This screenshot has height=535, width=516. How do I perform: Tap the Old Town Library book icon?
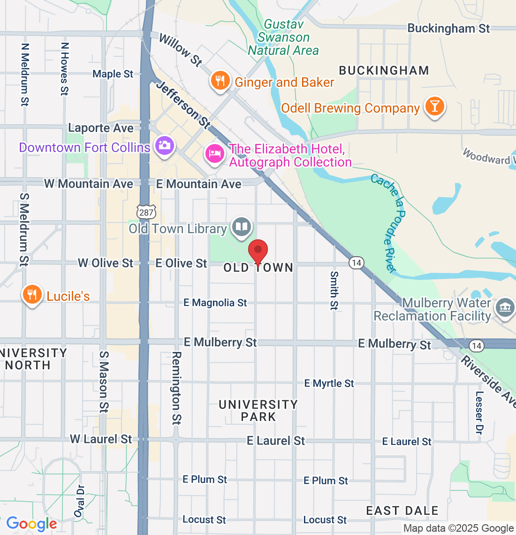(x=242, y=228)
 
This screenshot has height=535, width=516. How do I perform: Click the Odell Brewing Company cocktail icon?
(x=434, y=107)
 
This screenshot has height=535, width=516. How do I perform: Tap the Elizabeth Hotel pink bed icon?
(x=215, y=153)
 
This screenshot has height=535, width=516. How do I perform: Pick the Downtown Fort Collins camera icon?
(x=164, y=145)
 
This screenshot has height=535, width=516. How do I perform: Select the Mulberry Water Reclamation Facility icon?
(x=505, y=309)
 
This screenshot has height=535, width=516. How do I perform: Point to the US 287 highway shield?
(x=146, y=212)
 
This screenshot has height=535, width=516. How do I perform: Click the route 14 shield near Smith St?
(x=357, y=263)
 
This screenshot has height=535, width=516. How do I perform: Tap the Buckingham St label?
(x=448, y=28)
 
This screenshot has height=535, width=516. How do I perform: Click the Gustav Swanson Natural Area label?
(x=283, y=38)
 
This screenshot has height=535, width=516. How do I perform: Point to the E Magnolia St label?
(x=215, y=303)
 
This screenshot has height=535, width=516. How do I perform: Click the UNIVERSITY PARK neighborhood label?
(x=258, y=411)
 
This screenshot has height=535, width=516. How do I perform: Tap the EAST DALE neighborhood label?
(x=402, y=511)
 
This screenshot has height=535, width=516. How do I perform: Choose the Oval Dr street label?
(x=80, y=501)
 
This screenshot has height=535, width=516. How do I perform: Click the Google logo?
(x=32, y=524)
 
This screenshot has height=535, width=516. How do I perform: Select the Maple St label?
(x=113, y=74)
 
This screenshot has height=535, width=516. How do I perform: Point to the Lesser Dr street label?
(x=479, y=413)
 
